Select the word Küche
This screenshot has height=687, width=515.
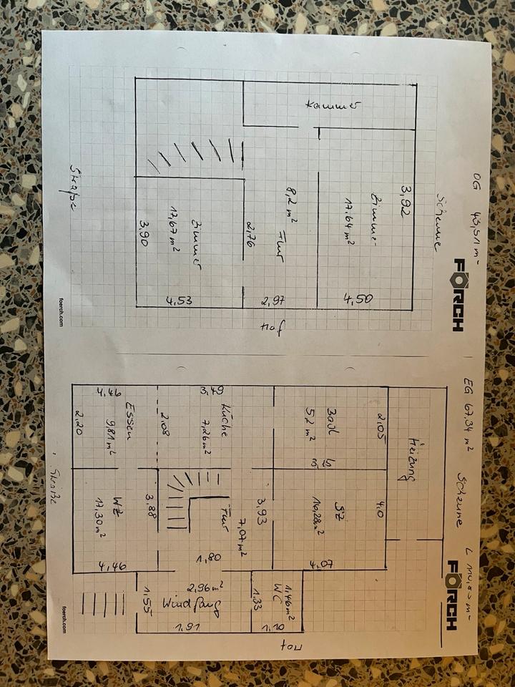(224, 420)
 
